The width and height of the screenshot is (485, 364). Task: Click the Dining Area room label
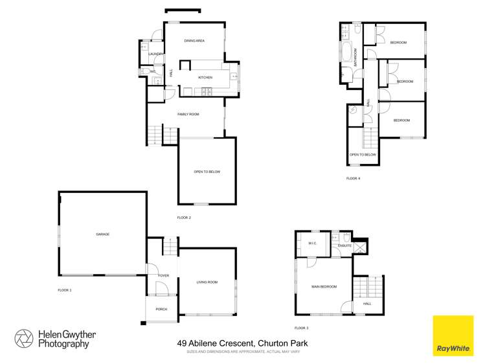[x=194, y=41]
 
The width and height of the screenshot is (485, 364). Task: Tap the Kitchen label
[x=205, y=78]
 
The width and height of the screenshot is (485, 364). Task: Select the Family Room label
[x=188, y=114]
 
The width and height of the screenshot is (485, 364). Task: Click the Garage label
[x=102, y=233]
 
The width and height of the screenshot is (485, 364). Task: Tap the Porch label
[x=161, y=309]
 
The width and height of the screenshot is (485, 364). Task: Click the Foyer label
[x=163, y=275]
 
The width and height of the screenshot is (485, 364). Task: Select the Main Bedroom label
[x=324, y=286]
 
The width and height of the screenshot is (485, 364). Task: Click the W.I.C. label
[x=311, y=244]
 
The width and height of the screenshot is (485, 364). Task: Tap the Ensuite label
[x=344, y=246]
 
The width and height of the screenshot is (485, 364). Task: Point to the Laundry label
[x=155, y=54]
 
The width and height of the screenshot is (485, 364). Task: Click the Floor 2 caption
[x=184, y=218]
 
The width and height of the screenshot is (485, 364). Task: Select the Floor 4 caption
[x=353, y=177]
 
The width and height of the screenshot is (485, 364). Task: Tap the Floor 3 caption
[x=301, y=328]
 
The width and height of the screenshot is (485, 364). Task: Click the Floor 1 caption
[x=64, y=290]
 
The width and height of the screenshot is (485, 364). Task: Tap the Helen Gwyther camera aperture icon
[x=24, y=339]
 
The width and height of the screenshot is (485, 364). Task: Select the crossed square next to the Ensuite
[x=360, y=246]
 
